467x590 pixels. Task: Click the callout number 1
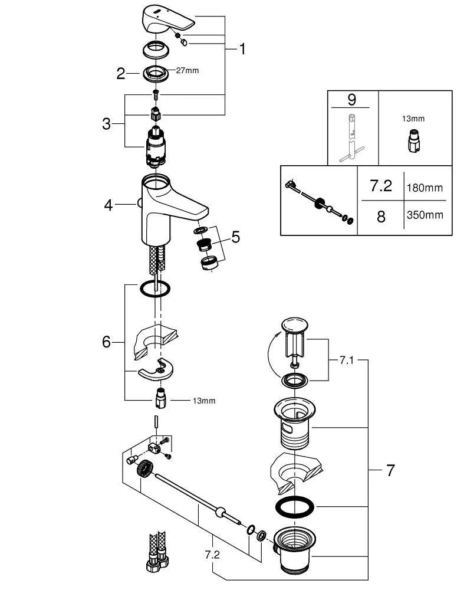pyautogui.click(x=242, y=49)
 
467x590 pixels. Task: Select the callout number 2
pyautogui.click(x=121, y=74)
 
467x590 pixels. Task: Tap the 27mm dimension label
pyautogui.click(x=188, y=71)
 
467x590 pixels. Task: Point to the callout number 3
pyautogui.click(x=107, y=124)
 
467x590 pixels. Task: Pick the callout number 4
pyautogui.click(x=108, y=205)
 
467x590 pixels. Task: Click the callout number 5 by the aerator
pyautogui.click(x=235, y=237)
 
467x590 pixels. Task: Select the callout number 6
pyautogui.click(x=107, y=342)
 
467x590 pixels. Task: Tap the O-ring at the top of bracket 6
pyautogui.click(x=156, y=289)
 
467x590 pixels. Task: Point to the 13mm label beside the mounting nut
pyautogui.click(x=204, y=401)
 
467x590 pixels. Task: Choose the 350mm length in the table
pyautogui.click(x=425, y=215)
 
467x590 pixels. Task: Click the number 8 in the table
pyautogui.click(x=381, y=217)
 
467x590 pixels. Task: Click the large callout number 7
pyautogui.click(x=390, y=470)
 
